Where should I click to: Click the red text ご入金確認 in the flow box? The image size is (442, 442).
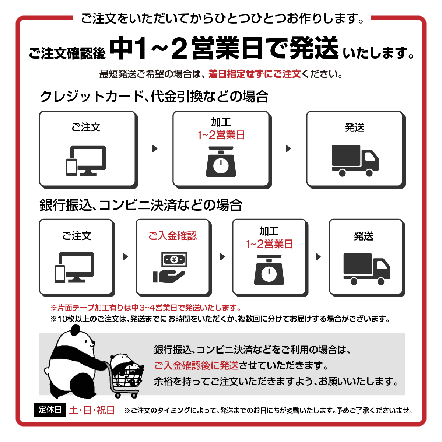(172, 236)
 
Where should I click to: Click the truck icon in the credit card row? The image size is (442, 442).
(355, 161)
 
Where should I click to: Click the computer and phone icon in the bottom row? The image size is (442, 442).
(75, 267)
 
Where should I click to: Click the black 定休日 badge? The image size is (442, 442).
(50, 410)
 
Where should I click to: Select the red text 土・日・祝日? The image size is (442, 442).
(92, 410)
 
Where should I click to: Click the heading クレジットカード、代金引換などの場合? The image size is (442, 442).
(154, 97)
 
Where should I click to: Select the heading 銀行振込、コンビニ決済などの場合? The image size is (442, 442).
(141, 205)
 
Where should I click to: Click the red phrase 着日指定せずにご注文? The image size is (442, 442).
(255, 74)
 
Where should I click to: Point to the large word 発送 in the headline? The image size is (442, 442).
(313, 48)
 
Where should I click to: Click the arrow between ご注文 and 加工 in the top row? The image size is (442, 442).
(155, 148)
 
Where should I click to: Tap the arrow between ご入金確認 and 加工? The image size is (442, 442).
(222, 257)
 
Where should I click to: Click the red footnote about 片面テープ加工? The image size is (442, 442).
(146, 308)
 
